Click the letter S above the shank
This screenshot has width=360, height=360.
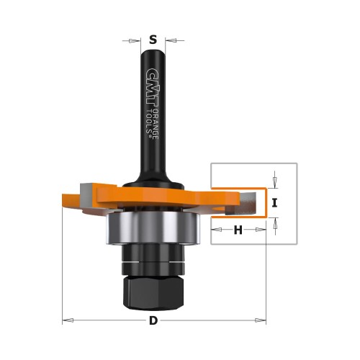pyautogui.click(x=153, y=40)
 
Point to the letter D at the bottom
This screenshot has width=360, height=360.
pyautogui.click(x=153, y=320)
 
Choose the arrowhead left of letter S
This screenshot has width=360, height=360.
pyautogui.click(x=137, y=40)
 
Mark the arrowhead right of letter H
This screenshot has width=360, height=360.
pyautogui.click(x=262, y=230)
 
